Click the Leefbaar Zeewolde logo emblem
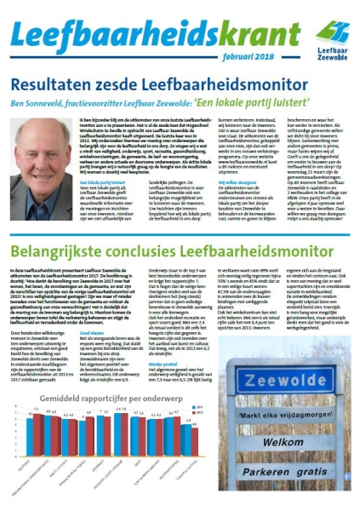tap(331, 33)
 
